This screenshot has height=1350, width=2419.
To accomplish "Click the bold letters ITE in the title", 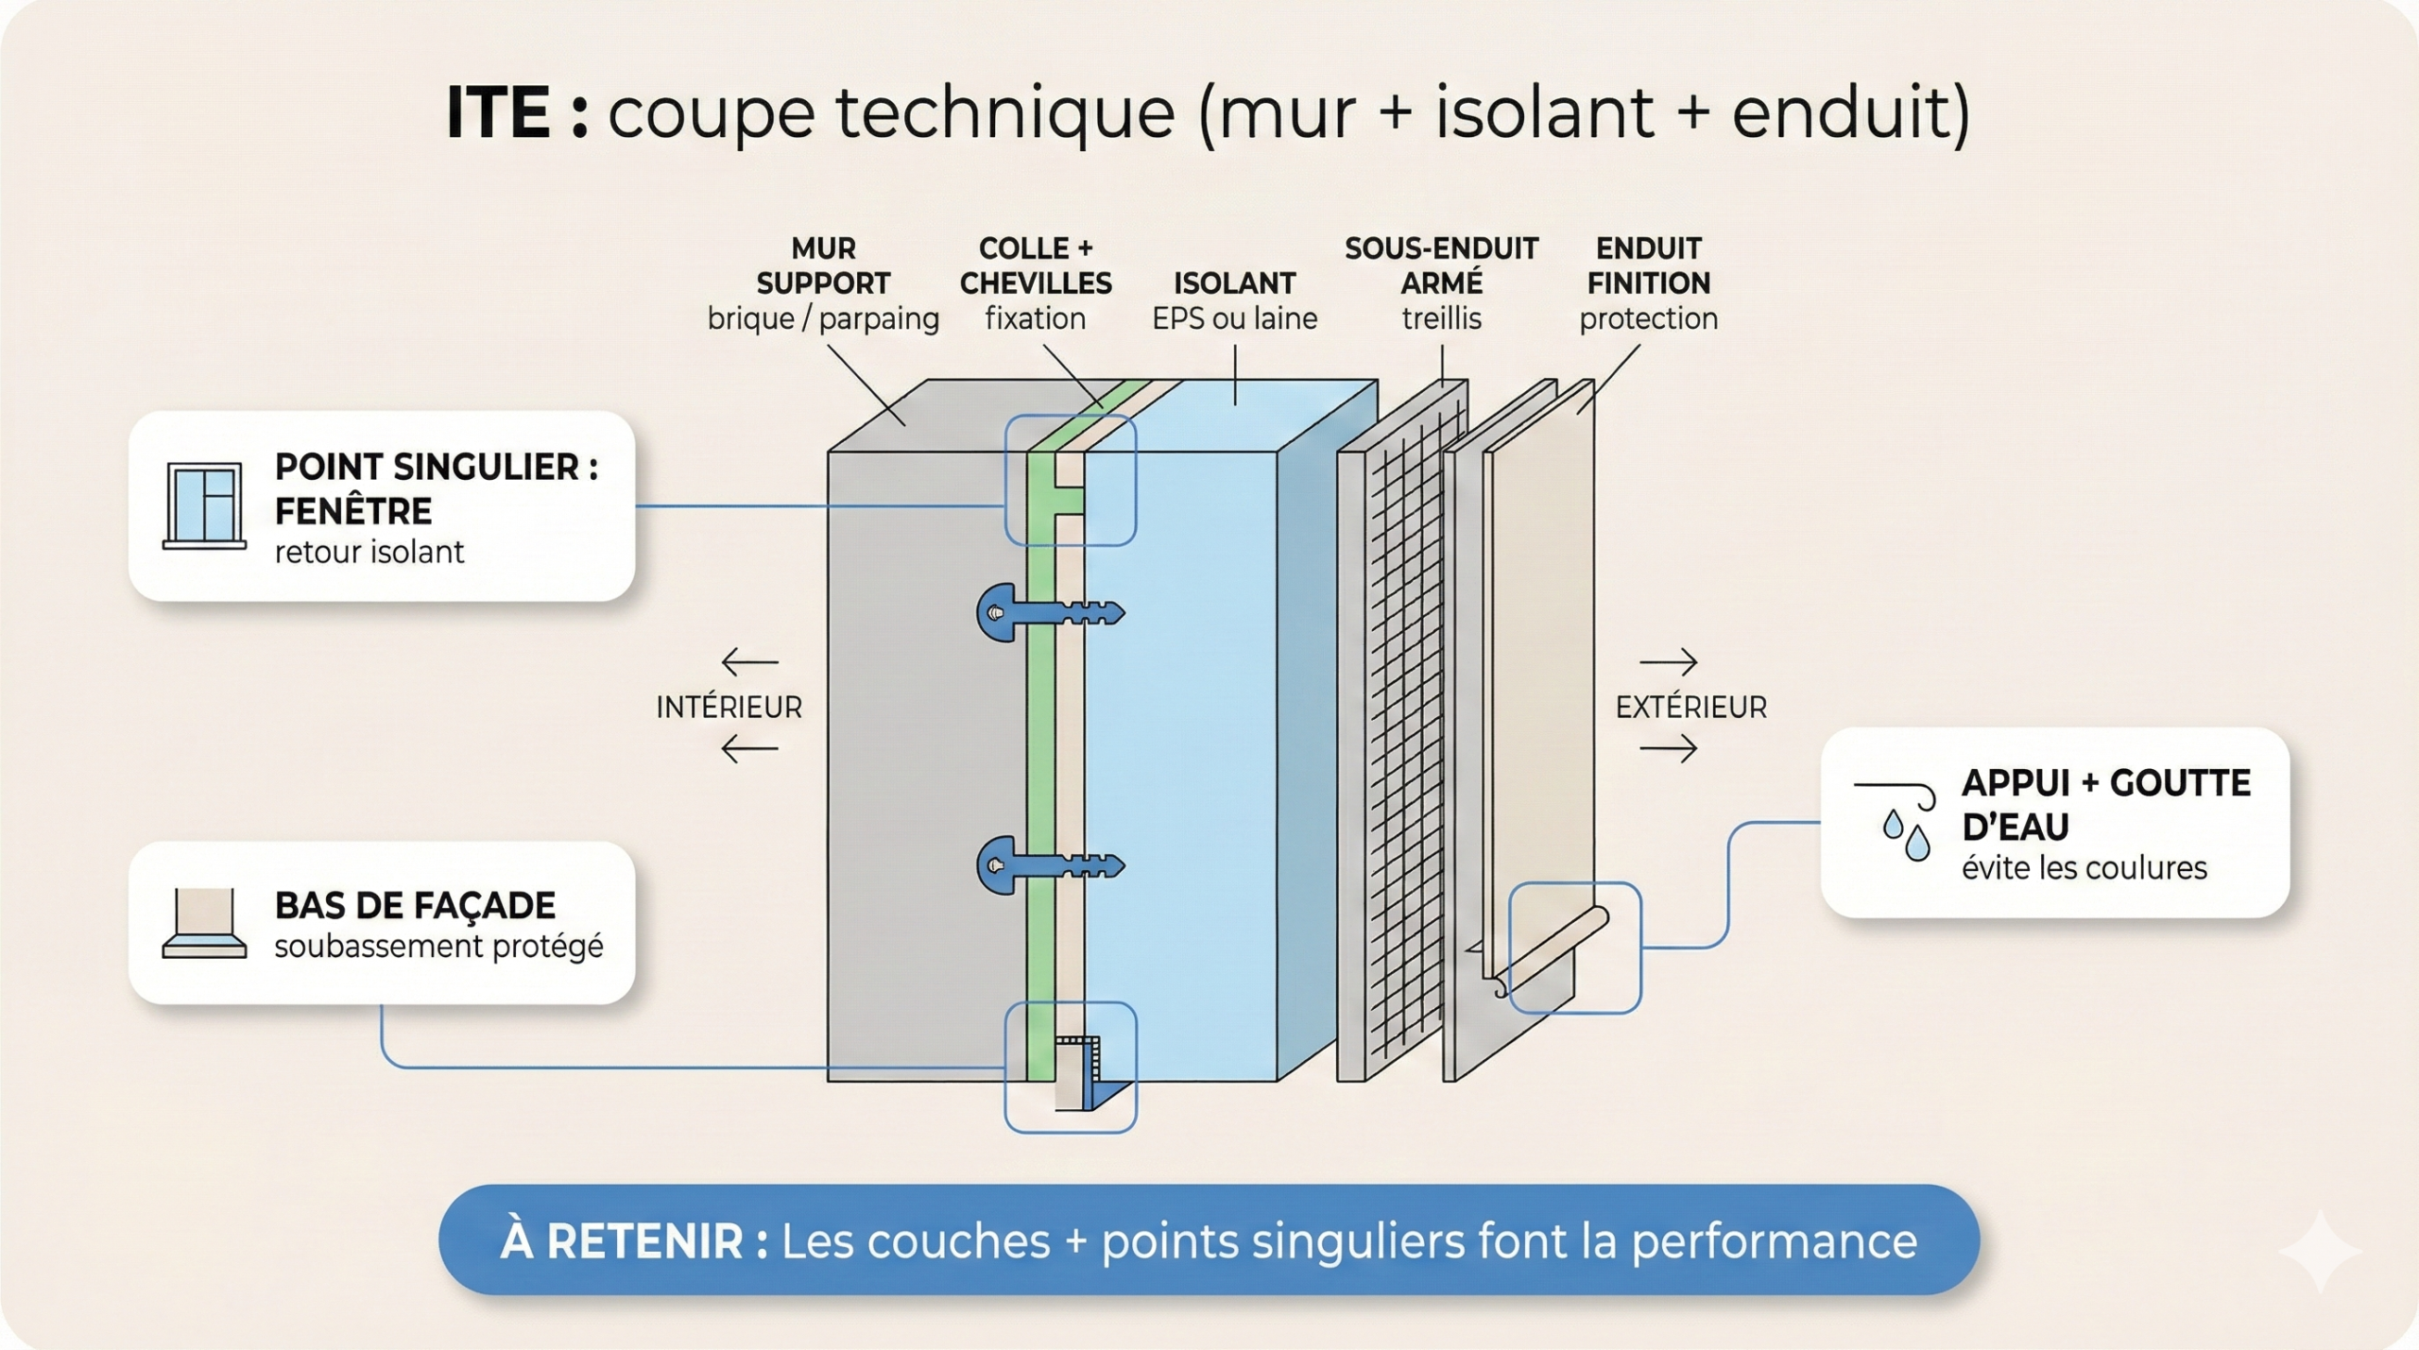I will pos(498,113).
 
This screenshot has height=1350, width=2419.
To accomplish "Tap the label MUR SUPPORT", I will pos(823,266).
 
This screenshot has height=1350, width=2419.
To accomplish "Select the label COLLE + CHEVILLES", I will pos(1036,266).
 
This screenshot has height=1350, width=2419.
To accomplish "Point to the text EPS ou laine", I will pos(1234,319).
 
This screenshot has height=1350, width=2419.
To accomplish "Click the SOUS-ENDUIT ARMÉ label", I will pos(1441,266).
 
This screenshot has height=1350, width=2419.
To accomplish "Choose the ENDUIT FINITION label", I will pos(1648,266).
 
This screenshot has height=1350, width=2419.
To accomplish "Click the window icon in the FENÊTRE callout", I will pos(204,505).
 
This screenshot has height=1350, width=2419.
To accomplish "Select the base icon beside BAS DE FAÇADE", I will pos(204,923).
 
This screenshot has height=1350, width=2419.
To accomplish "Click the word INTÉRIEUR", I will pos(729,707).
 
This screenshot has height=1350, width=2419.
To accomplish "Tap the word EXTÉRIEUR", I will pos(1690,707).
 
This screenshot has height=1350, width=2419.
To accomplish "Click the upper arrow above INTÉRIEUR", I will pos(749,662).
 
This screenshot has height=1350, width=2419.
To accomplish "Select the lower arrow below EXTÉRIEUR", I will pos(1668,749).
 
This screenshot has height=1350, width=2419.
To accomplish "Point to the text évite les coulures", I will pos(2084,867).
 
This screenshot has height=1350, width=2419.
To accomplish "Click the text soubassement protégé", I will pos(438,946).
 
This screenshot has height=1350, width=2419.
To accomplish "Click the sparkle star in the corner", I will pos(2320,1251).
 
